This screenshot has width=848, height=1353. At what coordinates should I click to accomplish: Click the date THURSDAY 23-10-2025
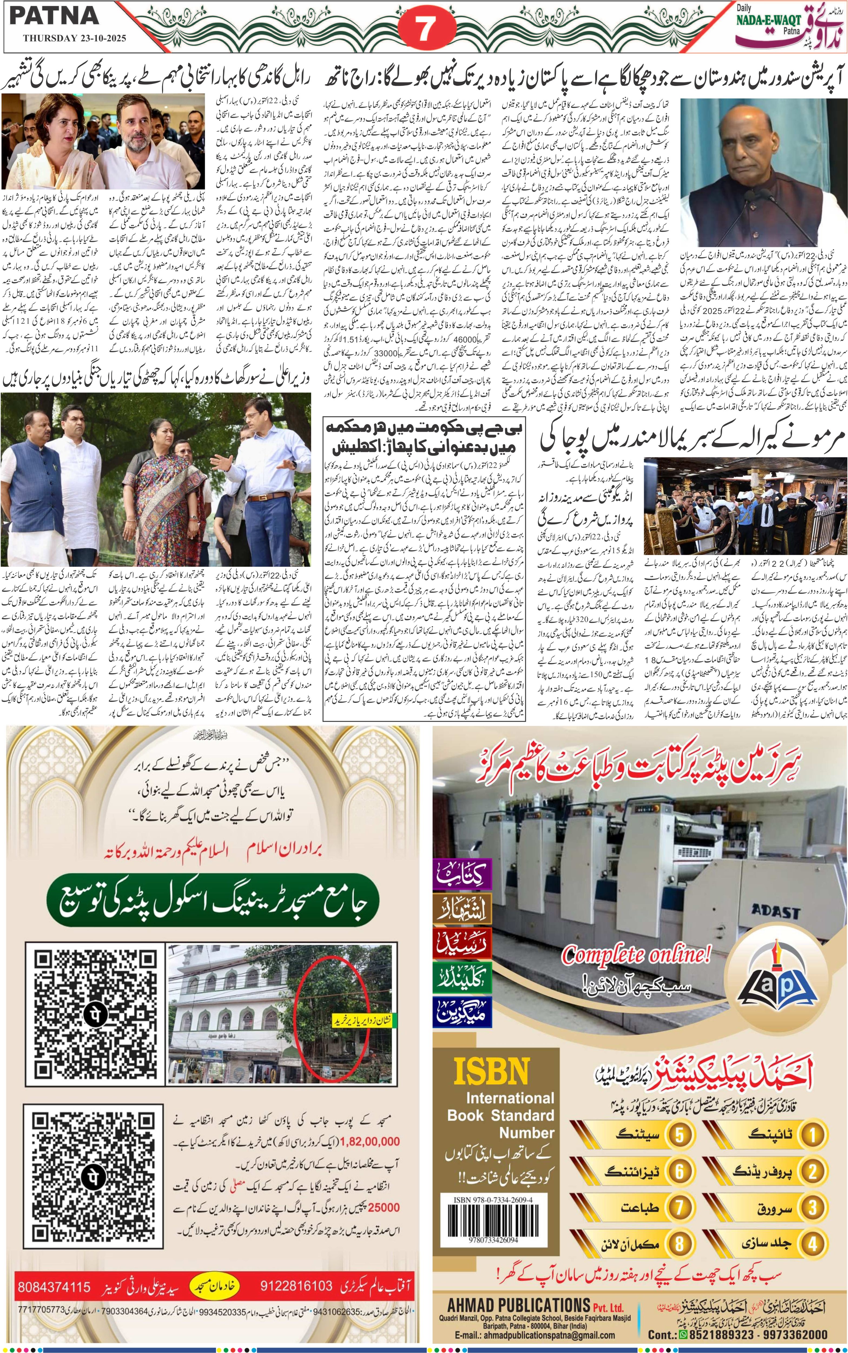pyautogui.click(x=75, y=39)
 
